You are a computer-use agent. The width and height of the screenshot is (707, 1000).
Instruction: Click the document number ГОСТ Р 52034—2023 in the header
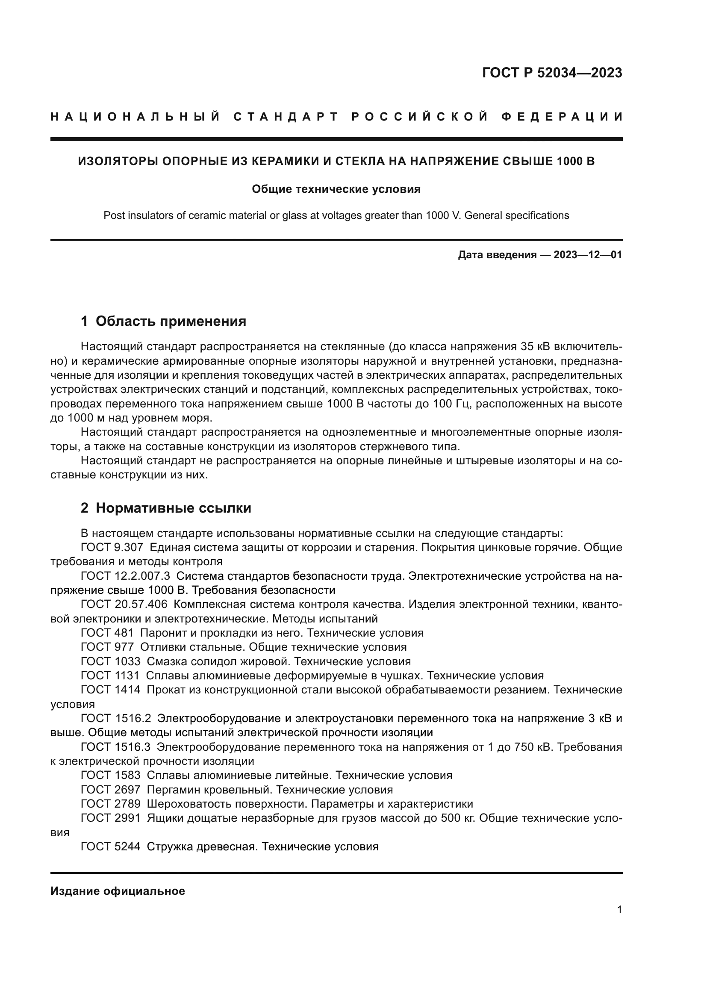551,73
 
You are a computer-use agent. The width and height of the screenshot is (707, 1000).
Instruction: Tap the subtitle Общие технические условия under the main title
336,189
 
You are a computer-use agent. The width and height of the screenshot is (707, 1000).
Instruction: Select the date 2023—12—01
588,255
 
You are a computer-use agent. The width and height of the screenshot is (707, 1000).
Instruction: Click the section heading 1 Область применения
163,321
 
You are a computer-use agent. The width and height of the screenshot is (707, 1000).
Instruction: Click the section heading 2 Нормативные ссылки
166,508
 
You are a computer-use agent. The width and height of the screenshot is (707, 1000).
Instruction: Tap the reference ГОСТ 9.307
112,548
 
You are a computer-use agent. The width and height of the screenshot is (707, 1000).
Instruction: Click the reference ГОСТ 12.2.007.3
125,576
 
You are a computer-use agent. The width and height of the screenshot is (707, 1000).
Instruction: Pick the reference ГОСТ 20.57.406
124,605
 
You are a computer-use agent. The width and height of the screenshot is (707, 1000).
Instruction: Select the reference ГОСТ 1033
111,661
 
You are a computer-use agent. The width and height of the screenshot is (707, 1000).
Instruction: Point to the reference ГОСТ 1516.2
116,718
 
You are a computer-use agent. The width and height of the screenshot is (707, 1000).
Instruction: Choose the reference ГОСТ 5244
111,846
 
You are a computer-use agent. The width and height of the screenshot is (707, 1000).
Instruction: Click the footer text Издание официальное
118,891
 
